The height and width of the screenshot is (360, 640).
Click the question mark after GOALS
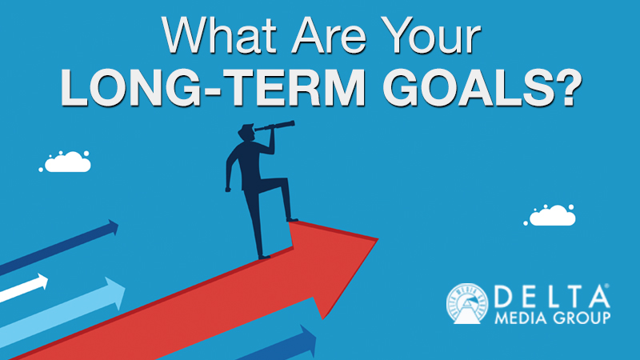[564, 90]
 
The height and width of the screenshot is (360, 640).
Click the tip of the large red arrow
[376, 238]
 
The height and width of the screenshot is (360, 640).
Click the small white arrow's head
[41, 282]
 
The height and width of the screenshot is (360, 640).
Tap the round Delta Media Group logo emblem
[466, 306]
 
